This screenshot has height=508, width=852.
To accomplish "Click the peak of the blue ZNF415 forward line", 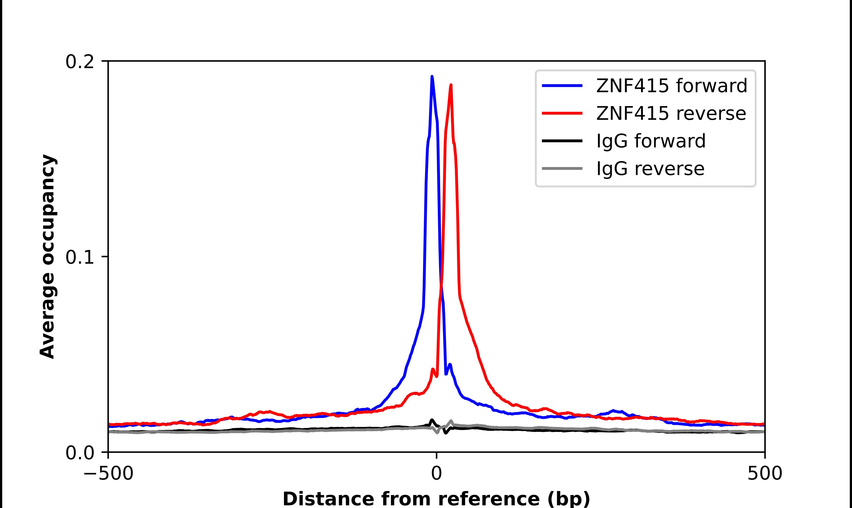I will (x=432, y=76).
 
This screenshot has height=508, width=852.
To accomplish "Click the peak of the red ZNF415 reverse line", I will (x=451, y=85).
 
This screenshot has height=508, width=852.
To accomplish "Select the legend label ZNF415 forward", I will (x=671, y=86).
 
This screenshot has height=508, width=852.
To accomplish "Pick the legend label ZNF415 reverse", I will (x=671, y=113).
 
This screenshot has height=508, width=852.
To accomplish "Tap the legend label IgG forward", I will (x=651, y=141).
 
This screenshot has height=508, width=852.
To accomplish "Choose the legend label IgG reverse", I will (x=650, y=169).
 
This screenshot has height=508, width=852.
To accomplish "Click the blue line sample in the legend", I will (x=562, y=86).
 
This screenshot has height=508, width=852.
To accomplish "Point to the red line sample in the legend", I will (x=562, y=113).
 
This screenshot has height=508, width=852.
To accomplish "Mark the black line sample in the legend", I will (x=562, y=141).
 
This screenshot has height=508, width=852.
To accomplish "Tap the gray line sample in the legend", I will (x=562, y=168).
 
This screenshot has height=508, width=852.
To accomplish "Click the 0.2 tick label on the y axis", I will (x=80, y=62).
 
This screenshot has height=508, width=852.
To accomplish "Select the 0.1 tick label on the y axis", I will (x=80, y=258).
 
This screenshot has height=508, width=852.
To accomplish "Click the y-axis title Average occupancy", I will (x=48, y=257).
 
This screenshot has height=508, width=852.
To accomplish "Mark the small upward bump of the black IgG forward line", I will (x=432, y=420).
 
